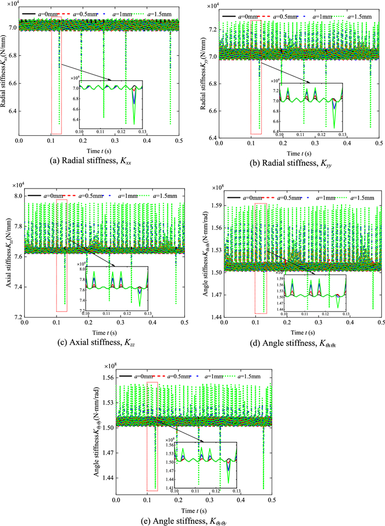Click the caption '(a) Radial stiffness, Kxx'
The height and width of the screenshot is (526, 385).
click(x=96, y=162)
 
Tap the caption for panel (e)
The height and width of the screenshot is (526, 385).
click(x=193, y=517)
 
